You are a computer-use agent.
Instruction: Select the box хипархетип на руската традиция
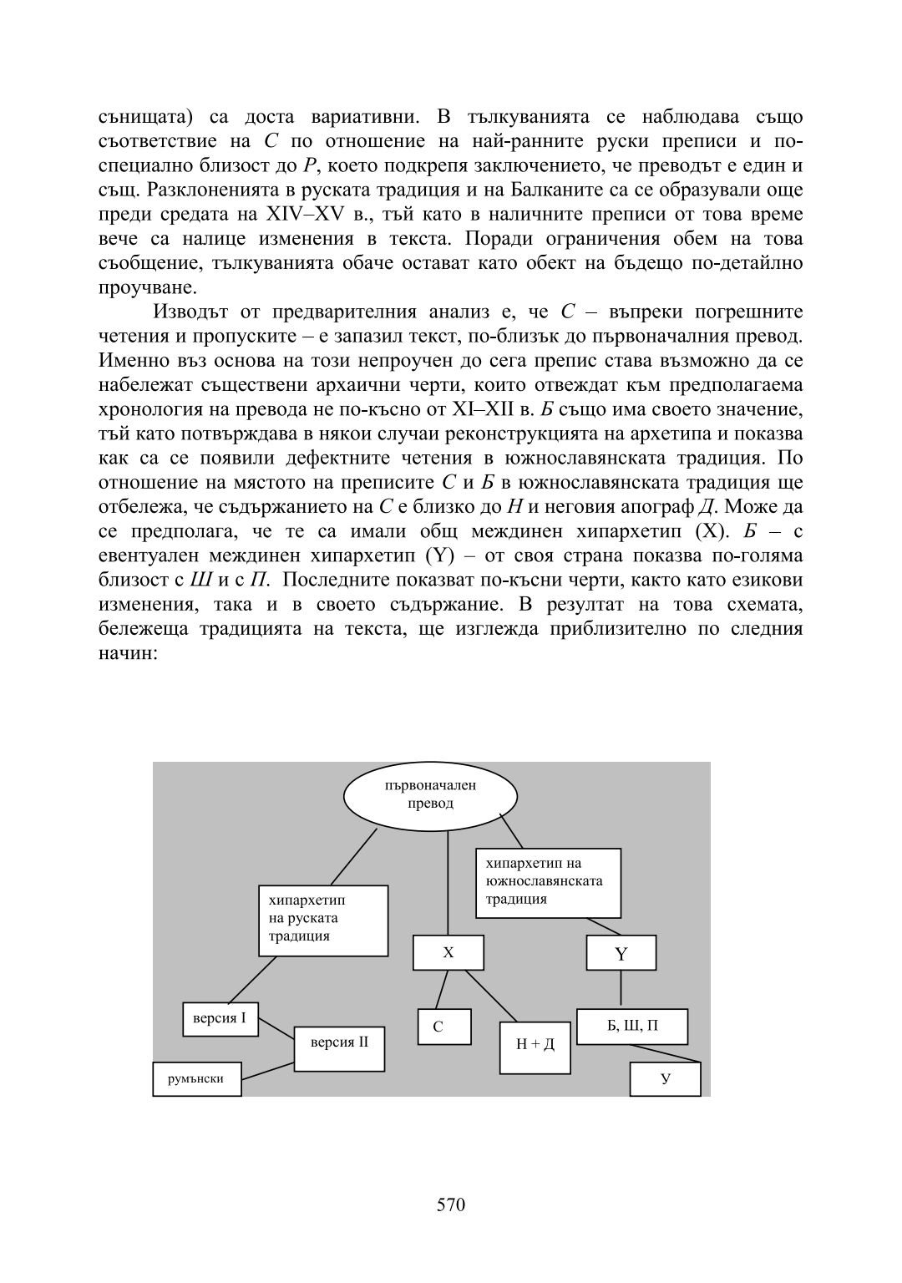[323, 920]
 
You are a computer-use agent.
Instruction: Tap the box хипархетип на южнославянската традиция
[548, 882]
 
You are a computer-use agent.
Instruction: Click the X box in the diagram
[448, 953]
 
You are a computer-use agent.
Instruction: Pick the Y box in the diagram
[621, 953]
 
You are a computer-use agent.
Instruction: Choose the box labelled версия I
[220, 1019]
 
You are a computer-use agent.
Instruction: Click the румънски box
[197, 1078]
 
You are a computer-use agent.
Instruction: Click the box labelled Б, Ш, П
[632, 1027]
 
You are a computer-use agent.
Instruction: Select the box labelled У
[665, 1078]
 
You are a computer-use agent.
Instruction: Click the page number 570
[451, 1204]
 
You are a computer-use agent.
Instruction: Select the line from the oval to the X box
[448, 885]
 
